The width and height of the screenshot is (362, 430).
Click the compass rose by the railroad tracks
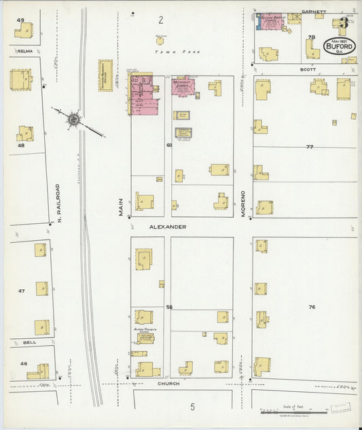(x=73, y=119)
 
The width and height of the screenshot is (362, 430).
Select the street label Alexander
(x=168, y=227)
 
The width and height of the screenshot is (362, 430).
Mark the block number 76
(x=311, y=308)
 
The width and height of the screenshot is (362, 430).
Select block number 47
(x=21, y=291)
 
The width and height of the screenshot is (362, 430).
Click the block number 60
(x=169, y=145)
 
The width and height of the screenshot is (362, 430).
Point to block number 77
(x=310, y=147)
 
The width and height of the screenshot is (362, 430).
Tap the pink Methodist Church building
(x=183, y=88)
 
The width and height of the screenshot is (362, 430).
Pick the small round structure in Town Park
(x=161, y=40)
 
